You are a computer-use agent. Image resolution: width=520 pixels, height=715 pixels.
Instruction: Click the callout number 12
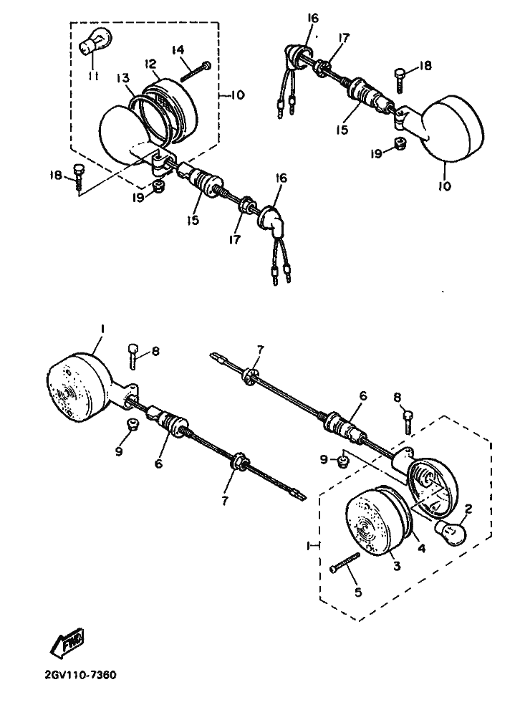(151, 63)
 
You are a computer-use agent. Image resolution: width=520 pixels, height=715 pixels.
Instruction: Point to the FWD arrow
(67, 644)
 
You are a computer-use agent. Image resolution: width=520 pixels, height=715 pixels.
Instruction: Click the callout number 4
(422, 548)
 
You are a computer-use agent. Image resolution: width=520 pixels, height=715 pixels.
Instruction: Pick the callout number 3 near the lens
(397, 566)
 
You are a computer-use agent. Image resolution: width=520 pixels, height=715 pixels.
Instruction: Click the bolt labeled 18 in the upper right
(399, 80)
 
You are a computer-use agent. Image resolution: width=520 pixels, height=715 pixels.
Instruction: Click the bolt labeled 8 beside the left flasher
(133, 355)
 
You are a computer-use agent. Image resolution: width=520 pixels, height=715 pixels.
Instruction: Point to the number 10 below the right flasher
(445, 186)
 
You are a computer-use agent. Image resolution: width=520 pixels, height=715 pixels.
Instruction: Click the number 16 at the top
(312, 18)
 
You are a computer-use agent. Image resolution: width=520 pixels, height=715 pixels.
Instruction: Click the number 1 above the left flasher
(103, 329)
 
